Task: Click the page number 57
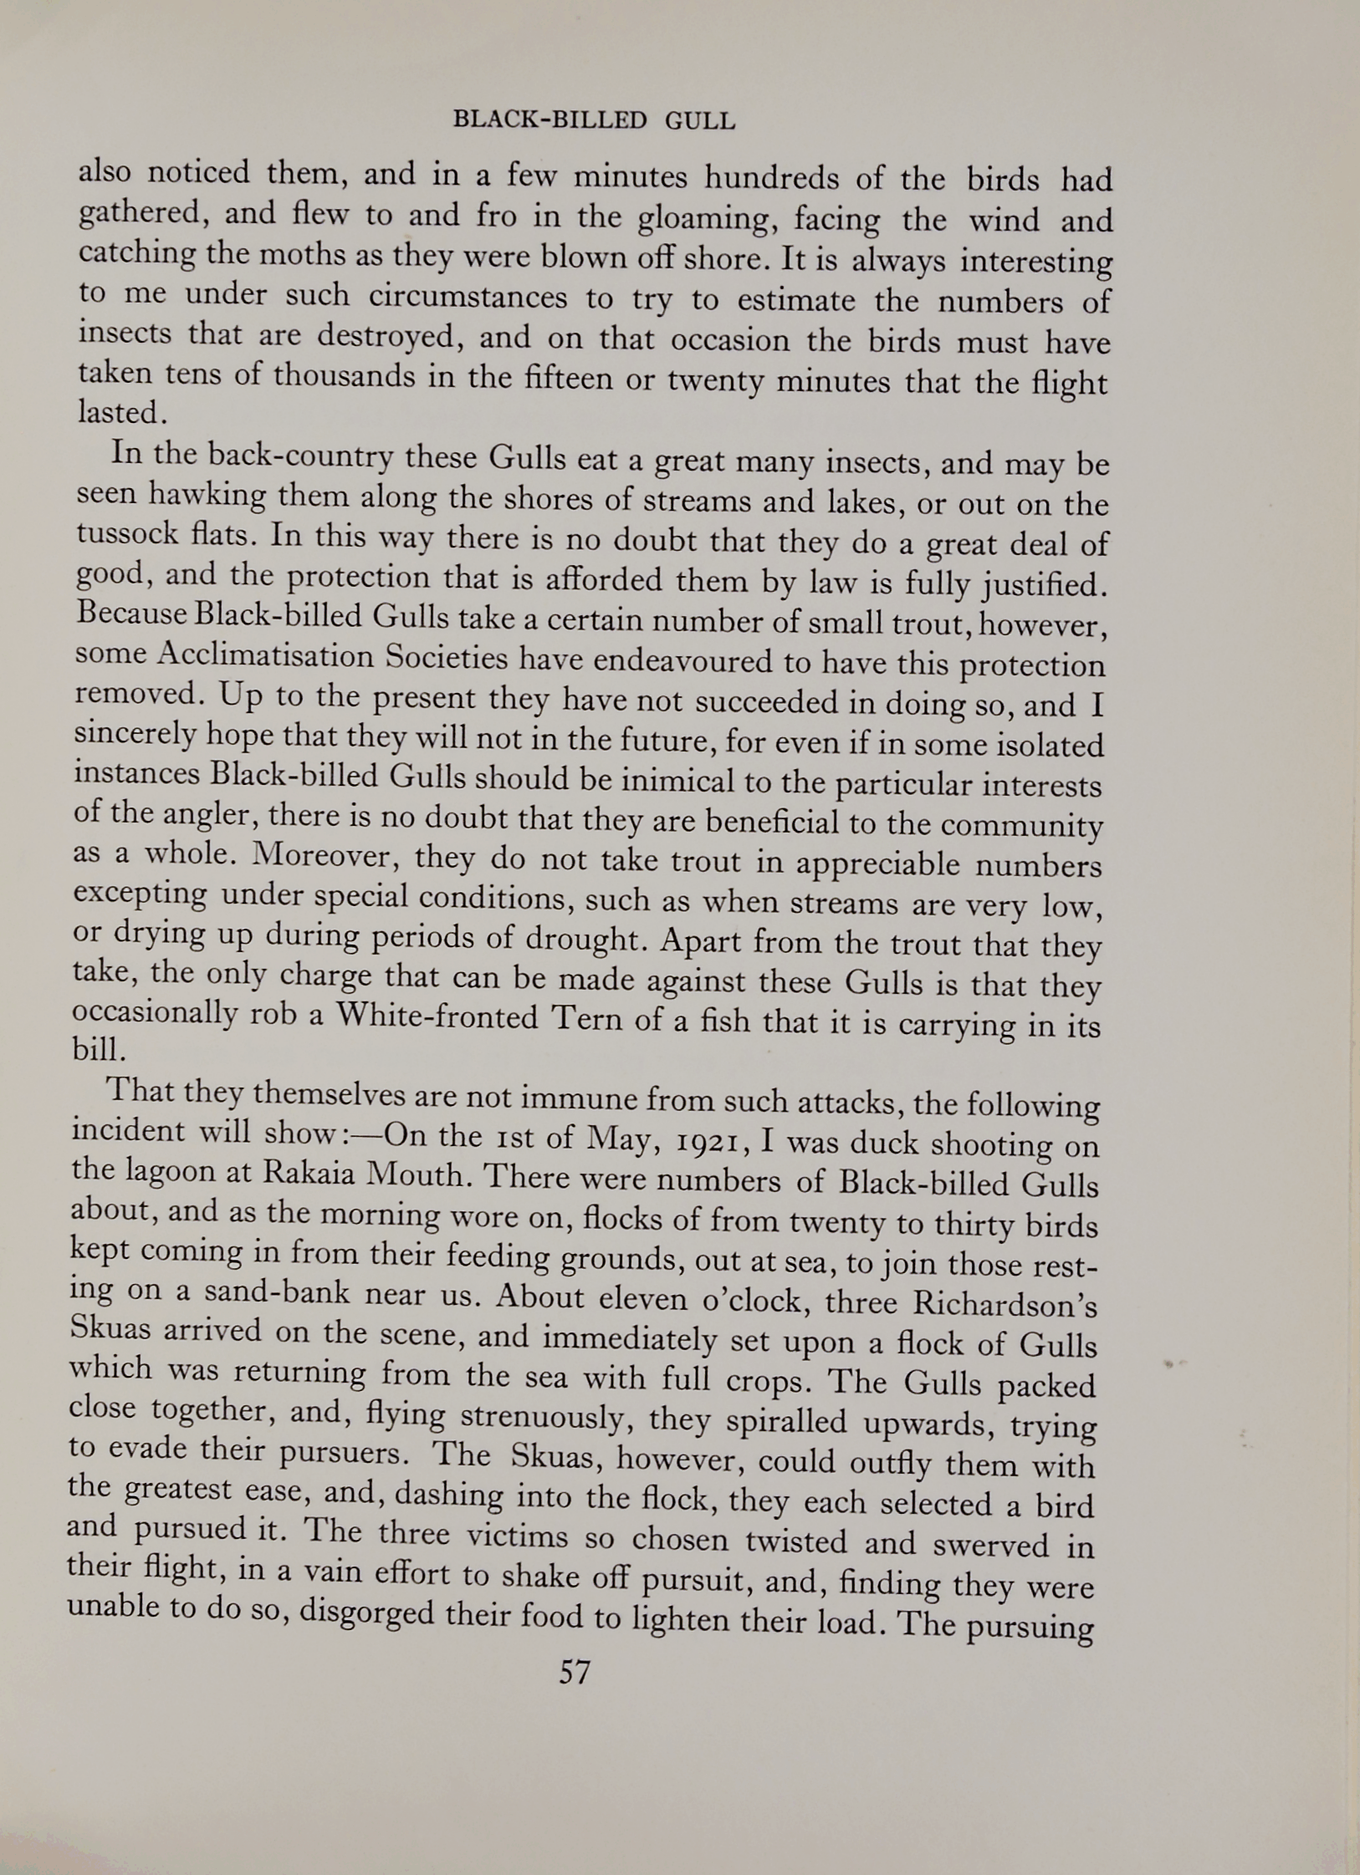point(575,1672)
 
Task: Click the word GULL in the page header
point(700,121)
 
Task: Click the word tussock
point(126,533)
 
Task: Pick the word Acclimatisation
point(265,656)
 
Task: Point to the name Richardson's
point(1004,1304)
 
